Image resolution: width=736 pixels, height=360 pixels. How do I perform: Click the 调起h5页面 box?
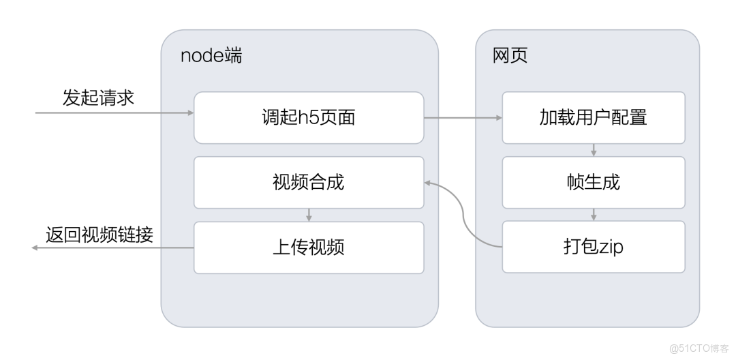[x=309, y=118]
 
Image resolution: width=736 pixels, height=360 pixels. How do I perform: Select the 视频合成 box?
[x=309, y=182]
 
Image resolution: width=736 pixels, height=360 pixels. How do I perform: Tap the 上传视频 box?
[x=309, y=246]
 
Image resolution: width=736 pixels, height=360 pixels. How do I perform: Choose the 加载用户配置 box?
[x=593, y=118]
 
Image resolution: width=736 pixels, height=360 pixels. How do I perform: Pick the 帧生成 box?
[x=593, y=182]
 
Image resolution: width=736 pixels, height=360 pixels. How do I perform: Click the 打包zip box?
[x=593, y=246]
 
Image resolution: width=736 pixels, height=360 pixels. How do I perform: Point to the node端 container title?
[x=211, y=56]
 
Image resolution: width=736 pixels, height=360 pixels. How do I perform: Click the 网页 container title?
[x=510, y=56]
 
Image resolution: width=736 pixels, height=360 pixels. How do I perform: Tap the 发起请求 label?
[x=98, y=97]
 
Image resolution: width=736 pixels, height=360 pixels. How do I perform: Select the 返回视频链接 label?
[x=99, y=235]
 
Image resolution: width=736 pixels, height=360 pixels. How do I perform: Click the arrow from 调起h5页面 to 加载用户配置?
[x=463, y=118]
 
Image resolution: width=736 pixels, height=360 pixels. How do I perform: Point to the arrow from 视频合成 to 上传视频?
[x=309, y=215]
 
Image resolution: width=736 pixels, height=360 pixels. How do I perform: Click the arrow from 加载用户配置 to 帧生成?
[x=593, y=150]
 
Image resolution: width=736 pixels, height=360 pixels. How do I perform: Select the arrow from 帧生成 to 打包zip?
[x=593, y=214]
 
